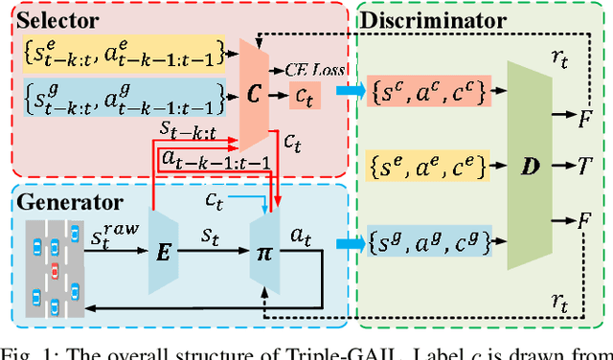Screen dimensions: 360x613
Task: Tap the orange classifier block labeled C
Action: click(x=253, y=96)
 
